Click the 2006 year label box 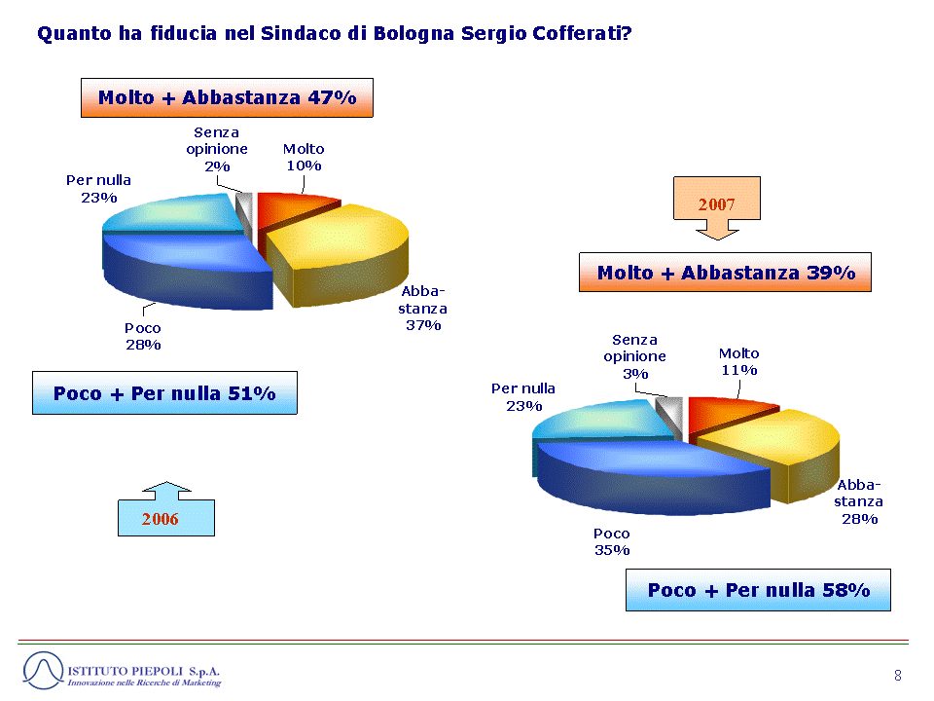click(166, 517)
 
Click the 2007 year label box click(717, 203)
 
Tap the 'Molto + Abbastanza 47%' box click(227, 97)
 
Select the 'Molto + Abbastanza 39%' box click(725, 273)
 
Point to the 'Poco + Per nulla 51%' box click(165, 392)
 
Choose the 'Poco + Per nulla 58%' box click(758, 590)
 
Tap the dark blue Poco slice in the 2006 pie click(185, 272)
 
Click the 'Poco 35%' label click(612, 542)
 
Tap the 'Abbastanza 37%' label click(423, 309)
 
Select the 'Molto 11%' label click(739, 362)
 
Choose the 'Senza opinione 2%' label click(217, 150)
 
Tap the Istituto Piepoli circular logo click(43, 671)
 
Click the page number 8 click(898, 676)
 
